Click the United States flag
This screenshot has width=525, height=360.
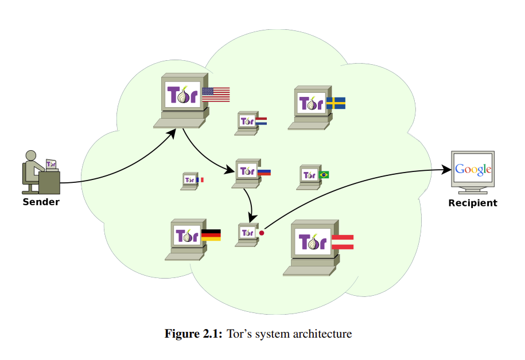click(216, 95)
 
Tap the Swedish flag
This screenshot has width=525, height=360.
click(336, 103)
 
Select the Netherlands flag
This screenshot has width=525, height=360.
click(261, 121)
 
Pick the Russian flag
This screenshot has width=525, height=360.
click(264, 171)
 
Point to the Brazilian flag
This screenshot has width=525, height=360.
click(324, 174)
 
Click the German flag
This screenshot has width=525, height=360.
click(211, 234)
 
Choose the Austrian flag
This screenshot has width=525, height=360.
click(343, 242)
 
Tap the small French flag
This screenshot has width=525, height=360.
click(200, 180)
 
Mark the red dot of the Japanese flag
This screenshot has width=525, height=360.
click(262, 233)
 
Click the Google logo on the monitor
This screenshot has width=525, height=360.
click(473, 169)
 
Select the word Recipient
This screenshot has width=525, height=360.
click(473, 203)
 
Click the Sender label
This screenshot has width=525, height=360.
click(41, 202)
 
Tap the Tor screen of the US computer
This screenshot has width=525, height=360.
click(182, 94)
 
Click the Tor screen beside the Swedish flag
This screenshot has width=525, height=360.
click(311, 103)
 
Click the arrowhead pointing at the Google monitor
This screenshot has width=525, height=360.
click(446, 169)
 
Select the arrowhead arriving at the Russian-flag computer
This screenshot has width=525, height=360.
click(231, 170)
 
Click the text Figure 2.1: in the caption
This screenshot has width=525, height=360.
click(193, 334)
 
